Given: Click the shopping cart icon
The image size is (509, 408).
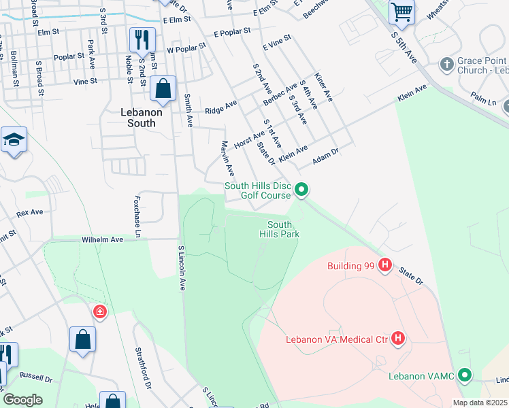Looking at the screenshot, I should [401, 12].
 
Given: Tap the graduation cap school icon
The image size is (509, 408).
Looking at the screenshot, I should [14, 140].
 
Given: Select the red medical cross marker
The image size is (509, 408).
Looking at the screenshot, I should [100, 311].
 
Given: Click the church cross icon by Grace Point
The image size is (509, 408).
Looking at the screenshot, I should [447, 64].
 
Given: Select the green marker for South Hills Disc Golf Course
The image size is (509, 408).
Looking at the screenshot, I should [302, 190].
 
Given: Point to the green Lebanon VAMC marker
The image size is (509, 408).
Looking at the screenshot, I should [465, 375].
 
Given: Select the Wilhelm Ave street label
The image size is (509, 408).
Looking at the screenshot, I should [102, 240].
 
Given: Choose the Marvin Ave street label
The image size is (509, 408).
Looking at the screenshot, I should [227, 158].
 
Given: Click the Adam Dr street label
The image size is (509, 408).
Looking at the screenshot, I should [325, 157].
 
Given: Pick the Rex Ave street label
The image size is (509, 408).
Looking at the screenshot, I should [29, 212].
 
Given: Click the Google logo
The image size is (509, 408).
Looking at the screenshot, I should [22, 400].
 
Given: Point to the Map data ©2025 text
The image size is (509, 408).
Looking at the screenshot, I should [479, 403].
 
